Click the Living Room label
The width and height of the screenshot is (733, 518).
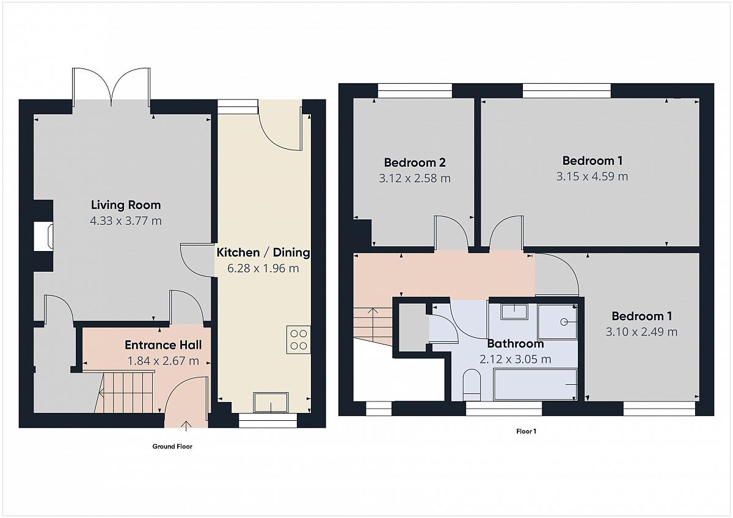point(126,205)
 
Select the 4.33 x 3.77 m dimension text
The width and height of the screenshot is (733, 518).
point(126,221)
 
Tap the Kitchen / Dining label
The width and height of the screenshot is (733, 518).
point(263,253)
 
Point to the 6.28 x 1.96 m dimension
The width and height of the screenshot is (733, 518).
point(263,268)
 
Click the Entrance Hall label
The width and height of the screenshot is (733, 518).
point(163,345)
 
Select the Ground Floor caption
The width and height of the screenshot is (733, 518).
point(172,447)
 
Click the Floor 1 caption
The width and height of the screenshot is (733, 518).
point(527,431)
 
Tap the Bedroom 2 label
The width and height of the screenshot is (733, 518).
point(415,162)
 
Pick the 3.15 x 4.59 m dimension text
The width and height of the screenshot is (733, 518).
point(593,177)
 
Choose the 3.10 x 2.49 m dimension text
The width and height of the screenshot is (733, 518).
point(642,332)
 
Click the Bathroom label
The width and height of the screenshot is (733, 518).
point(516,343)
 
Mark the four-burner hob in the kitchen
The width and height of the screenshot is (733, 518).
point(299,340)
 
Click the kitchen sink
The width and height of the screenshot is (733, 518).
point(271,403)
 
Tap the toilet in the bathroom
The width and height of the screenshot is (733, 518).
point(472,385)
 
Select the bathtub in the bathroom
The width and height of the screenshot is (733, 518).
point(534,385)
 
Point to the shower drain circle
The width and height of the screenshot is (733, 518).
point(564,322)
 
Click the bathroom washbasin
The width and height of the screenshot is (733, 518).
point(514,312)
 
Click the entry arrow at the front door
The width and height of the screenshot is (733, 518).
point(186,426)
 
